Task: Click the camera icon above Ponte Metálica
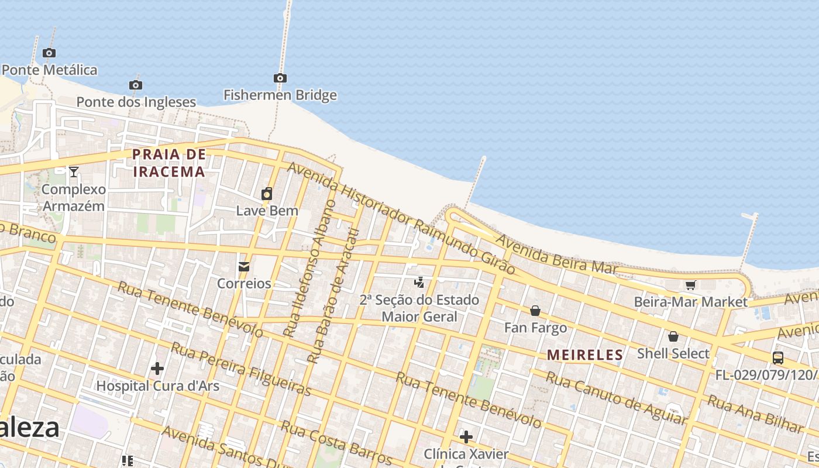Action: pyautogui.click(x=49, y=53)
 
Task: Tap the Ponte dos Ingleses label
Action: pyautogui.click(x=136, y=102)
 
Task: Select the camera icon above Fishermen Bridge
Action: pyautogui.click(x=280, y=78)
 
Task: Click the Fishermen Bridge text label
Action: pyautogui.click(x=280, y=95)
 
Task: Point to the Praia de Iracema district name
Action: pyautogui.click(x=169, y=163)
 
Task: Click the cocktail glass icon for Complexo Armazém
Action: pyautogui.click(x=74, y=172)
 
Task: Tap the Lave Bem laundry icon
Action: pyautogui.click(x=267, y=194)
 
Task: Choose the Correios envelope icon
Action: pyautogui.click(x=244, y=267)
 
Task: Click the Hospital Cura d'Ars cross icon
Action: pyautogui.click(x=157, y=369)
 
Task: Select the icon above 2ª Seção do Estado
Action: pyautogui.click(x=419, y=283)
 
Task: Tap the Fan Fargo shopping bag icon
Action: pyautogui.click(x=535, y=311)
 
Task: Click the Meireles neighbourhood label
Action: pyautogui.click(x=585, y=355)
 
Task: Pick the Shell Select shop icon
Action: pyautogui.click(x=673, y=336)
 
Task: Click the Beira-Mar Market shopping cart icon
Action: pyautogui.click(x=691, y=285)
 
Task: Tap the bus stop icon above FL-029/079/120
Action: pyautogui.click(x=778, y=357)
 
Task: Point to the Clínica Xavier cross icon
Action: pyautogui.click(x=466, y=437)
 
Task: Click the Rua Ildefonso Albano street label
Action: pyautogui.click(x=308, y=269)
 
